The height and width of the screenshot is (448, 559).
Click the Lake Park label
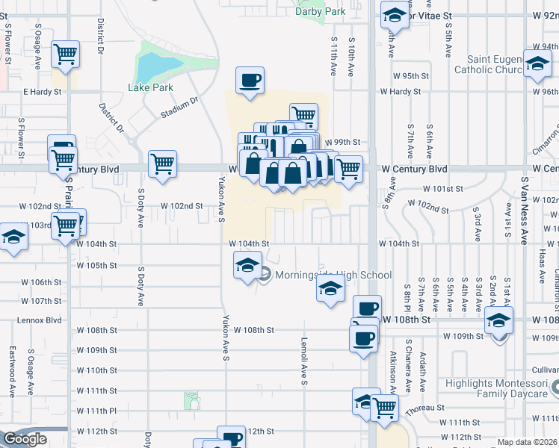click(x=150, y=87)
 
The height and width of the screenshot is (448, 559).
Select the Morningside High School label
click(x=333, y=275)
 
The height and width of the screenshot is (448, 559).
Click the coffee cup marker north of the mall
click(x=250, y=80)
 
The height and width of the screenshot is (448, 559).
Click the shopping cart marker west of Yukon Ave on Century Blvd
click(x=162, y=163)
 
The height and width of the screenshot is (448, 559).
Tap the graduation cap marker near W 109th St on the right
click(x=498, y=321)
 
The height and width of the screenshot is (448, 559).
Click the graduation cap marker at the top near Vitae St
click(x=394, y=15)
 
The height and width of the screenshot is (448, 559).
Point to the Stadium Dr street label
click(x=179, y=108)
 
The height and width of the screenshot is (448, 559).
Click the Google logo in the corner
click(x=25, y=439)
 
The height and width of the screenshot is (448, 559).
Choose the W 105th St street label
click(x=96, y=265)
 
